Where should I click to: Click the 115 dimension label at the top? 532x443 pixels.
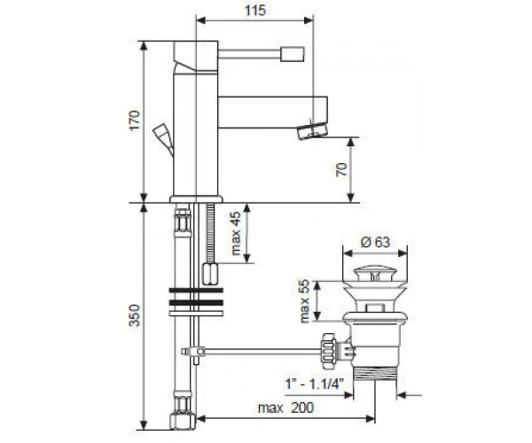click(255, 10)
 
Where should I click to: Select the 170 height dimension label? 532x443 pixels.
click(135, 120)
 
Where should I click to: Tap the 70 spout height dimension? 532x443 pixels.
click(342, 169)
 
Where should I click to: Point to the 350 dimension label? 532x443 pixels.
click(135, 315)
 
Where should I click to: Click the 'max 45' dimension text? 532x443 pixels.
click(235, 233)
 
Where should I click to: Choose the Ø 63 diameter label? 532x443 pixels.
click(375, 242)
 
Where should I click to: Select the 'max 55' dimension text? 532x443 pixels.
click(304, 301)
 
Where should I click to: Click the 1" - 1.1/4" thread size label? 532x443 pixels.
click(315, 384)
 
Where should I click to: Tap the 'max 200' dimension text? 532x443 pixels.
click(286, 408)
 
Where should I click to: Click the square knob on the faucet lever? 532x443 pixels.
click(292, 54)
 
